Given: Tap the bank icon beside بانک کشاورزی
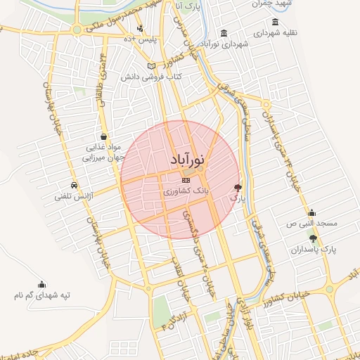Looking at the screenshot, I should (x=185, y=180).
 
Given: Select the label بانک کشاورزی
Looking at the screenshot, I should (x=185, y=191).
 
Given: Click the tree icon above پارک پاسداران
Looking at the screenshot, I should (x=313, y=239).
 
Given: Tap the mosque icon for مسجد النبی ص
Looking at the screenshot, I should (x=311, y=213).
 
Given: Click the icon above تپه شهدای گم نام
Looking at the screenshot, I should (x=42, y=285).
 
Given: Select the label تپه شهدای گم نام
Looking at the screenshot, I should (x=41, y=295).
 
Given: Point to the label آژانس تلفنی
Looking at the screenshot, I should (x=75, y=197).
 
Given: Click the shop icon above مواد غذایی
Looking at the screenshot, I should (x=104, y=137).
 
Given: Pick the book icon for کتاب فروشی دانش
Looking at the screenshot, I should (x=150, y=67).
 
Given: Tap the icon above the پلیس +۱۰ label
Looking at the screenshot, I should (x=141, y=28).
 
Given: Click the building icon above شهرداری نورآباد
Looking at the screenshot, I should (x=224, y=33).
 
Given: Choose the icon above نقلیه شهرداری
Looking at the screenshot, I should (x=274, y=23).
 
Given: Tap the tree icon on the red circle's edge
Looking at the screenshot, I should (x=238, y=187).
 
